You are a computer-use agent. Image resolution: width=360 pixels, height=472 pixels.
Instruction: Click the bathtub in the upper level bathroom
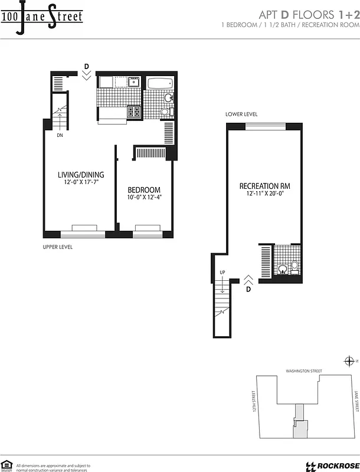(x=159, y=84)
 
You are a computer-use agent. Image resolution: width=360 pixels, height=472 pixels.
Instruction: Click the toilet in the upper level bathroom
(x=166, y=112)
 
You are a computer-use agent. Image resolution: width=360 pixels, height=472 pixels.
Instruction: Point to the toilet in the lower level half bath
(x=293, y=268)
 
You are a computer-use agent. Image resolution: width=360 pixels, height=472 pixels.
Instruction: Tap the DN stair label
(x=60, y=135)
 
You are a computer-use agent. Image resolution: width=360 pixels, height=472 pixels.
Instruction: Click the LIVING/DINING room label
(x=80, y=175)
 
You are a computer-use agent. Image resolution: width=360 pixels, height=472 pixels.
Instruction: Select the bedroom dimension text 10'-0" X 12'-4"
(x=144, y=198)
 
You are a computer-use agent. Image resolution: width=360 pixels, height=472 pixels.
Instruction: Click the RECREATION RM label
(x=264, y=186)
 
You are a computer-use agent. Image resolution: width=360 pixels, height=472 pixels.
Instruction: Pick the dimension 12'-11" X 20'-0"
(x=264, y=194)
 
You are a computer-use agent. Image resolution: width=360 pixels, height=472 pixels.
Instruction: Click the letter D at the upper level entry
(x=86, y=66)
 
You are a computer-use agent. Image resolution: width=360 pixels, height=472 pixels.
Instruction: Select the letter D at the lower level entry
(x=248, y=290)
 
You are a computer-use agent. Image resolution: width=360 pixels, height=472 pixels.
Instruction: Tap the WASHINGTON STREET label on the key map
(x=303, y=371)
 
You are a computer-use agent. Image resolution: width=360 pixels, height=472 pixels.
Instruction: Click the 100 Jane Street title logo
(x=41, y=17)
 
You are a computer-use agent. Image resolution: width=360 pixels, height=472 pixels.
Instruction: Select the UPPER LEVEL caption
(x=58, y=247)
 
